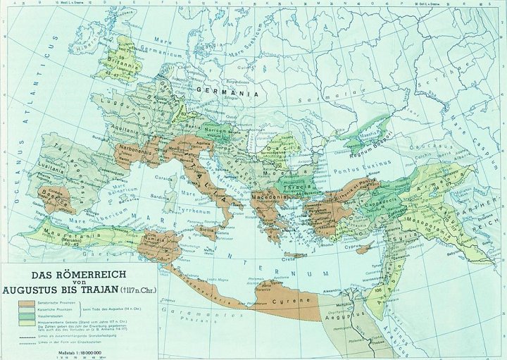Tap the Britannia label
(126, 61)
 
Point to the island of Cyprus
(364, 248)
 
